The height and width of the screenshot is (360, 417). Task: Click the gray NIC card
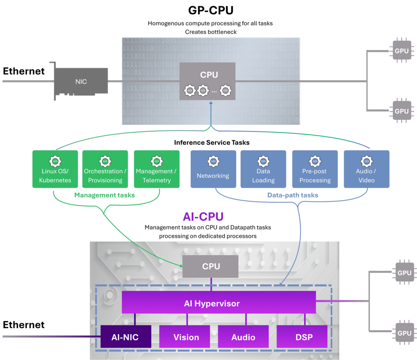pyautogui.click(x=81, y=82)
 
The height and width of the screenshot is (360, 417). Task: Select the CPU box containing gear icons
pyautogui.click(x=208, y=81)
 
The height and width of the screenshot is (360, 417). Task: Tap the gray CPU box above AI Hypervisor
pyautogui.click(x=211, y=267)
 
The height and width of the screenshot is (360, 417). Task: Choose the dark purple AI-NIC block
pyautogui.click(x=125, y=336)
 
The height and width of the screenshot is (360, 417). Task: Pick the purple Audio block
pyautogui.click(x=243, y=336)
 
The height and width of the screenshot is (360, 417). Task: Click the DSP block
pyautogui.click(x=302, y=336)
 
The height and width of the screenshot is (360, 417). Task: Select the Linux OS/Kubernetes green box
pyautogui.click(x=55, y=169)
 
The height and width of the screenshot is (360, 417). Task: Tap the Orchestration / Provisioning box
pyautogui.click(x=105, y=169)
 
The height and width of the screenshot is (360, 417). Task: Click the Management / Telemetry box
pyautogui.click(x=156, y=169)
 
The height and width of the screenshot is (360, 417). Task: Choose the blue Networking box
pyautogui.click(x=213, y=169)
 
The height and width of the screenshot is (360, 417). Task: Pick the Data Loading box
pyautogui.click(x=263, y=169)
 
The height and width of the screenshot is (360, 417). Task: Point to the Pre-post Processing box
pyautogui.click(x=315, y=169)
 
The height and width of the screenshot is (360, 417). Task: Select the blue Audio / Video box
pyautogui.click(x=366, y=169)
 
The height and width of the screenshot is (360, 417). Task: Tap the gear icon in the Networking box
pyautogui.click(x=213, y=161)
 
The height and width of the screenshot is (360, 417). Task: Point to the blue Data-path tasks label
pyautogui.click(x=292, y=195)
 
